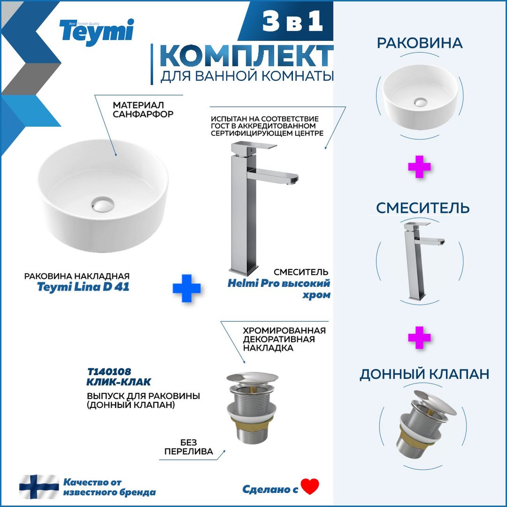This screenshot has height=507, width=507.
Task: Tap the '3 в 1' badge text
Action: click(x=292, y=22)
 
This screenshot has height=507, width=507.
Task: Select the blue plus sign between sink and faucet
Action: click(x=187, y=288)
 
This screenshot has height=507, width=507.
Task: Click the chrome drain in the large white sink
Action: click(x=103, y=204)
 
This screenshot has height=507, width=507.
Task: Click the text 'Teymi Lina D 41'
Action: click(x=83, y=287)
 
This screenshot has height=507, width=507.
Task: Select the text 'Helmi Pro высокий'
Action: click(x=279, y=284)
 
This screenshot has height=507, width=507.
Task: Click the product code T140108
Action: click(x=109, y=372)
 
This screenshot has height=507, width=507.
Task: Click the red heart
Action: click(x=310, y=486)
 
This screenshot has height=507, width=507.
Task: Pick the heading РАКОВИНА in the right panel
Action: click(x=420, y=43)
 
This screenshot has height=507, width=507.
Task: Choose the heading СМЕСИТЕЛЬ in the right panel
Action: click(x=423, y=208)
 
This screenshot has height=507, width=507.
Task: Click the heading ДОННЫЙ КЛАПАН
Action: click(x=424, y=374)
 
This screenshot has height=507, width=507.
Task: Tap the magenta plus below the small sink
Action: click(x=419, y=167)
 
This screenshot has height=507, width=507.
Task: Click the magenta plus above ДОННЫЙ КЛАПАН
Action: click(x=419, y=338)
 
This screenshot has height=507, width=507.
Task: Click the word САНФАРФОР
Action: click(x=143, y=114)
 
